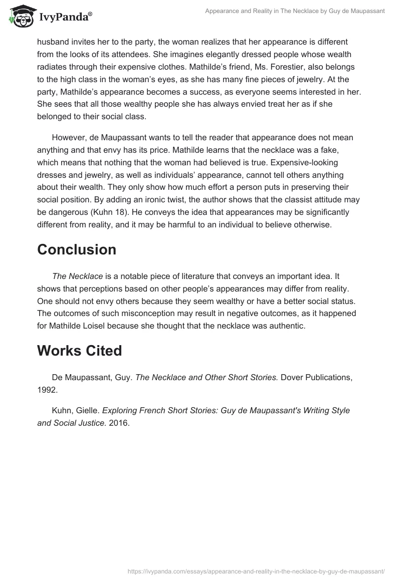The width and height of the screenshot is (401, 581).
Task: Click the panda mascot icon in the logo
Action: tap(21, 17)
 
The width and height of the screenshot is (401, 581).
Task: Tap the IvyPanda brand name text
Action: tap(64, 18)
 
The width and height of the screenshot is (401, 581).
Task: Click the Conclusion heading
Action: tap(77, 249)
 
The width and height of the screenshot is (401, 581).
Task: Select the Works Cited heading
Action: tap(79, 351)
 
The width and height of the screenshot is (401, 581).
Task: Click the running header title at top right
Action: tap(295, 11)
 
